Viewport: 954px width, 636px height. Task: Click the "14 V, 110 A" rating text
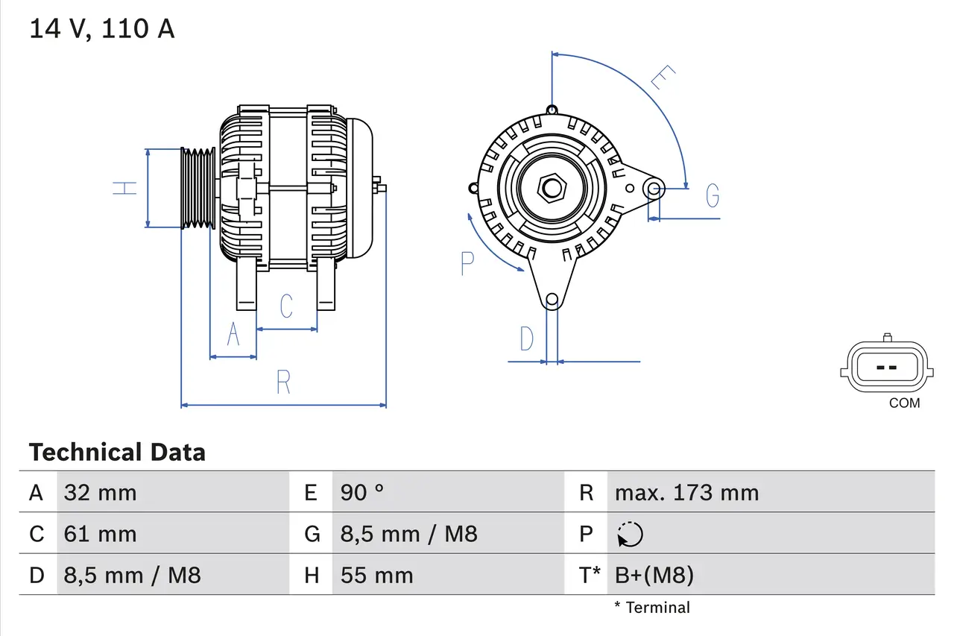[x=101, y=28]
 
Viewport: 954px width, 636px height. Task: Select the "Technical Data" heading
[x=117, y=452]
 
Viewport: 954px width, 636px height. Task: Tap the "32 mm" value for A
[x=100, y=492]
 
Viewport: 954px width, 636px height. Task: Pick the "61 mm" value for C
[x=100, y=534]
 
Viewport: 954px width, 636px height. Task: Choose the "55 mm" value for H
[x=376, y=575]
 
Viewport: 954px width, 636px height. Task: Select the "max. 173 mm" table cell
[x=686, y=492]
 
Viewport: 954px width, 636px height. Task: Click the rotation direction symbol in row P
[x=630, y=534]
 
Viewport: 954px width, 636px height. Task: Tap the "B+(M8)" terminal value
[x=654, y=575]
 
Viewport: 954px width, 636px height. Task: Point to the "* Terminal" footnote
[x=652, y=608]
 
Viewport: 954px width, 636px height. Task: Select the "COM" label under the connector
[x=904, y=403]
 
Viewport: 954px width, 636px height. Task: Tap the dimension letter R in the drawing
[x=283, y=382]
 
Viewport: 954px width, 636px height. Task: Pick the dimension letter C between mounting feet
[x=285, y=306]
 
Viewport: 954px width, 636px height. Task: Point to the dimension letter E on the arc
[x=662, y=78]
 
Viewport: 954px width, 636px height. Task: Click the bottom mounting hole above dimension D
[x=552, y=300]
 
